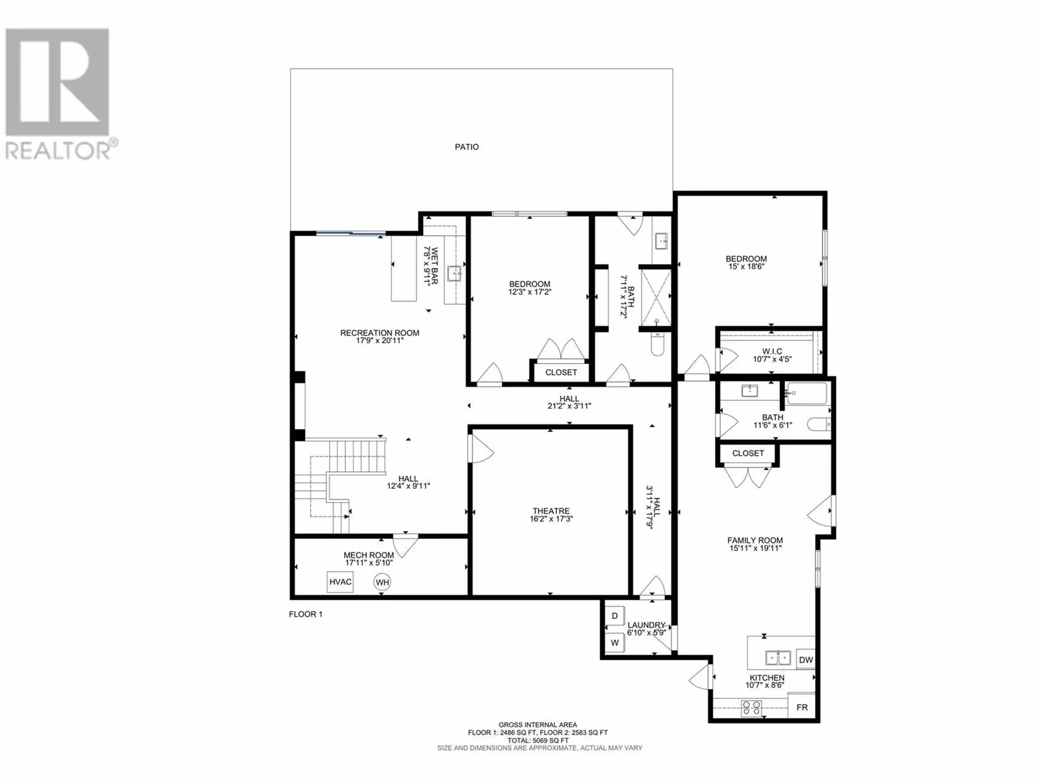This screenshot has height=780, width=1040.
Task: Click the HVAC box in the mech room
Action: click(x=340, y=582)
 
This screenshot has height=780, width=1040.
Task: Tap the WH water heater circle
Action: click(x=382, y=582)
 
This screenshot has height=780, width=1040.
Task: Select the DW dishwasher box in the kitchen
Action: click(x=805, y=659)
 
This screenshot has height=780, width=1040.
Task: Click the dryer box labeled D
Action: click(x=614, y=616)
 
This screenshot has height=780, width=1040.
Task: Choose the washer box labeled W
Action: click(x=614, y=643)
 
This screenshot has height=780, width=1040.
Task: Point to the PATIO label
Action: click(x=467, y=147)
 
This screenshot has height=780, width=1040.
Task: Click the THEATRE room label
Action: click(x=551, y=511)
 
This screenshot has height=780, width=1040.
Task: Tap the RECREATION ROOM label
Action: click(x=380, y=333)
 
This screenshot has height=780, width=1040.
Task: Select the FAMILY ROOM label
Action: click(x=755, y=540)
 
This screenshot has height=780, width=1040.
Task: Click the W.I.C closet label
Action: click(x=772, y=352)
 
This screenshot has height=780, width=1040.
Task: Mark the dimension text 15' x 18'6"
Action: click(x=746, y=266)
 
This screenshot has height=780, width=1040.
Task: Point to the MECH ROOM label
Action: click(x=369, y=555)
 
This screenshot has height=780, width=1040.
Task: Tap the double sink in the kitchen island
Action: click(x=778, y=658)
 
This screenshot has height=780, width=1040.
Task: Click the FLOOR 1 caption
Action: click(x=305, y=614)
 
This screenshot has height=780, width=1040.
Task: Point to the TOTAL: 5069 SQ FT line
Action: click(x=538, y=740)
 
